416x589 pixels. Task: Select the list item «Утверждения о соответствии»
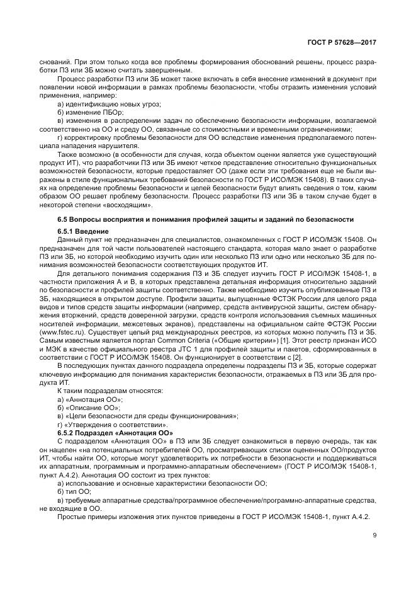coord(107,425)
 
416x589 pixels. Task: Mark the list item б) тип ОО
coord(74,491)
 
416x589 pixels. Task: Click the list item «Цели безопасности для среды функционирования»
coord(148,416)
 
